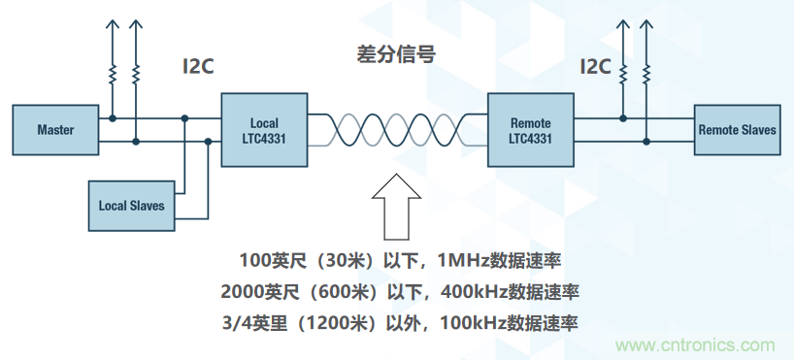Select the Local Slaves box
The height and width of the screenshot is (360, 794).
pos(131,206)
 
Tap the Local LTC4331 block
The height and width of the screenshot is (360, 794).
pos(263,131)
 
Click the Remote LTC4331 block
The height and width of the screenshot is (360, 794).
pos(530,131)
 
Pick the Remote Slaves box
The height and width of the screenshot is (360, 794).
pos(738,130)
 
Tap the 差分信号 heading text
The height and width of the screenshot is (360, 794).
pos(395,53)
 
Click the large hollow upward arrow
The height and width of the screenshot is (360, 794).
pos(396,207)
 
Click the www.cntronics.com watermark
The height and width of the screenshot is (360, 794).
pos(696,345)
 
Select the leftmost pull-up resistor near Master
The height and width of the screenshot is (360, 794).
pos(114,73)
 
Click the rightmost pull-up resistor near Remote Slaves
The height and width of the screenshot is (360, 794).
pos(645,73)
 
